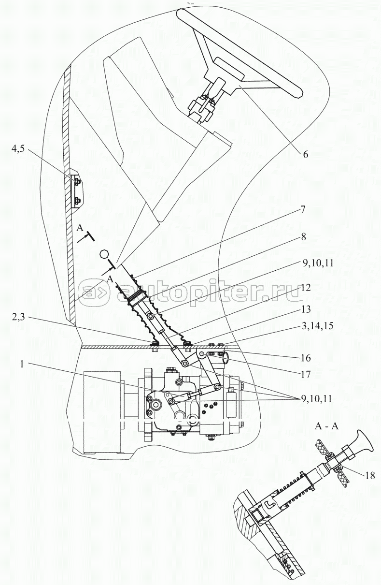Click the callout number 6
pos(305,154)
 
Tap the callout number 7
pos(303,210)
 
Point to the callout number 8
pos(303,237)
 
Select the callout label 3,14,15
pos(318,326)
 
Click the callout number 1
pos(22,364)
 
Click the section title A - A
pos(326,426)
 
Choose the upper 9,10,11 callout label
pos(318,263)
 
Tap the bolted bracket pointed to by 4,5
pos(76,191)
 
